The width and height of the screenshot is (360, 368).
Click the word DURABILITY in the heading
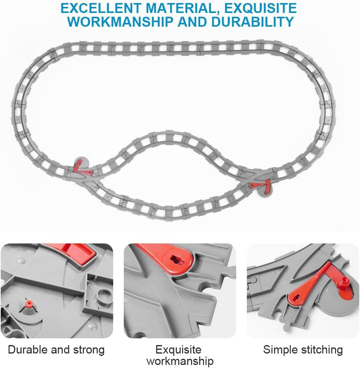click(x=252, y=21)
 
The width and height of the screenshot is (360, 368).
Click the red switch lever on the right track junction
click(x=261, y=186)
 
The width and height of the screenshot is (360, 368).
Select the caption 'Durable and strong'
click(x=56, y=349)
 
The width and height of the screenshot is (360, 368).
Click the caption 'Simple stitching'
click(x=303, y=349)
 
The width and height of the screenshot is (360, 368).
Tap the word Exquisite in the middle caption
click(x=178, y=349)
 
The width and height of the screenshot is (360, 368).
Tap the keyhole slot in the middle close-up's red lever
click(x=175, y=259)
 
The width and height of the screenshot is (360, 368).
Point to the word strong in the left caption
click(x=88, y=350)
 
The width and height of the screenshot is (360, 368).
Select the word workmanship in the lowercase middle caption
click(x=180, y=361)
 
